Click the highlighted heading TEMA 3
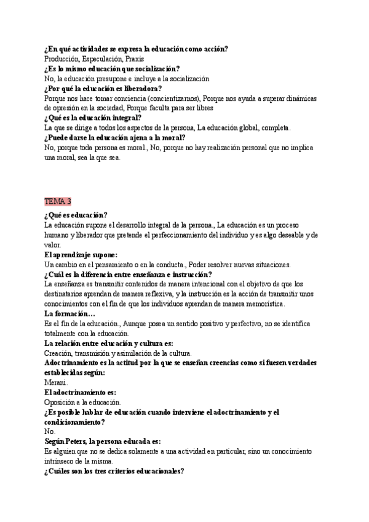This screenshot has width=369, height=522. pos(58,201)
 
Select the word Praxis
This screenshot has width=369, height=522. pos(134,59)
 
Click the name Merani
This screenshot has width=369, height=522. pos(56,382)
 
